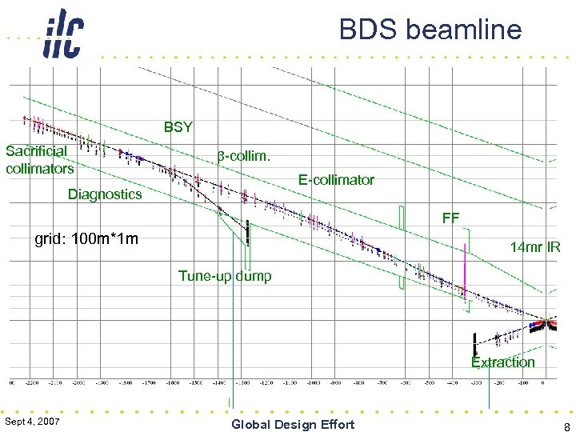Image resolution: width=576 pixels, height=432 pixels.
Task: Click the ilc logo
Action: pyautogui.click(x=62, y=34)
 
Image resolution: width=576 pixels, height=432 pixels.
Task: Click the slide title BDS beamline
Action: pyautogui.click(x=430, y=30)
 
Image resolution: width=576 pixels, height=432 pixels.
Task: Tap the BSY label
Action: pyautogui.click(x=178, y=126)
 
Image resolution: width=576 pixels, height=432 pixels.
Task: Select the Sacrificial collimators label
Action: pyautogui.click(x=39, y=159)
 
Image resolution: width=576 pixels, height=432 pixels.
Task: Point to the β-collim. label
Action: pyautogui.click(x=244, y=155)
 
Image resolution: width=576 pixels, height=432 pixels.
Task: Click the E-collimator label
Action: pyautogui.click(x=336, y=179)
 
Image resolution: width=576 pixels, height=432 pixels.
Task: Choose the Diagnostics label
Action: pyautogui.click(x=105, y=194)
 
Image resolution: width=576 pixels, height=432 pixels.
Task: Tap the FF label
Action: pyautogui.click(x=450, y=217)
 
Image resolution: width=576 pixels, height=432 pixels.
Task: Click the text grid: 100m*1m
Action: pyautogui.click(x=86, y=238)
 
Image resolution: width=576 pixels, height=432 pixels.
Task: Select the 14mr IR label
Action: pyautogui.click(x=534, y=247)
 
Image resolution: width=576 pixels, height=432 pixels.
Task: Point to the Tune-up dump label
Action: pyautogui.click(x=225, y=276)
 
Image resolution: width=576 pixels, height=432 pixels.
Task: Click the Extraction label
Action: pyautogui.click(x=502, y=362)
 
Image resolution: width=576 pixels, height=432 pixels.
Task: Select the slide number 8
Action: pyautogui.click(x=566, y=426)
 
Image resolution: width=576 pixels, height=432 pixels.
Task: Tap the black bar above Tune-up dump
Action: pyautogui.click(x=248, y=232)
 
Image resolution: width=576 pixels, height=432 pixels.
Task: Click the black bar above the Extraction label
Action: pyautogui.click(x=474, y=342)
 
